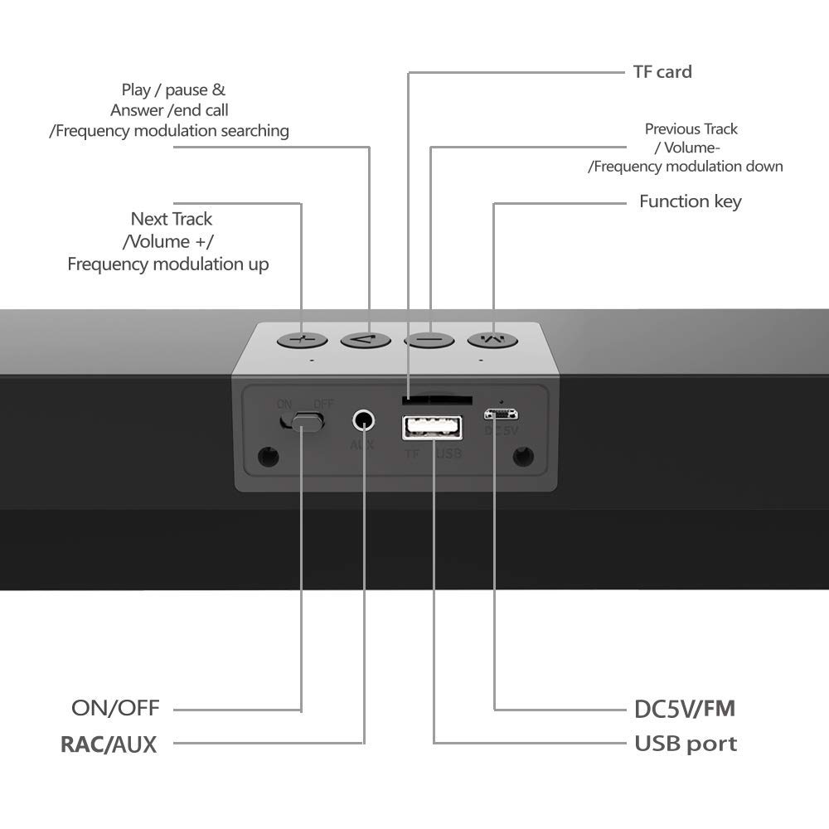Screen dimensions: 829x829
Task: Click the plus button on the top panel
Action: [x=302, y=339]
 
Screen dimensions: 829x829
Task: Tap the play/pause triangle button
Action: [x=366, y=339]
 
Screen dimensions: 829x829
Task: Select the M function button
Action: [x=492, y=339]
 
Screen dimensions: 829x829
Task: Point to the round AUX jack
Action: [x=362, y=419]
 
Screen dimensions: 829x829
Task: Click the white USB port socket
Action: [x=432, y=428]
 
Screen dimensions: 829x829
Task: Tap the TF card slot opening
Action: [x=437, y=400]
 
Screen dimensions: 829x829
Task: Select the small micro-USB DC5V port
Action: [x=502, y=413]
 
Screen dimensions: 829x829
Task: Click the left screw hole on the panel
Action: [x=267, y=456]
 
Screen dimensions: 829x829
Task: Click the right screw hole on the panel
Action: [x=521, y=456]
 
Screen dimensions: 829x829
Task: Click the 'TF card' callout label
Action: [x=662, y=72]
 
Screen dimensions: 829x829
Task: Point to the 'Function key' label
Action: [x=690, y=201]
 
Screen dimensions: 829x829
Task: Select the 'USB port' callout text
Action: [x=685, y=743]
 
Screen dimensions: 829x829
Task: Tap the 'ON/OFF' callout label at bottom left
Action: [x=115, y=709]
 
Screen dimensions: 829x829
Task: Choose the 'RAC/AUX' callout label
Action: [x=109, y=744]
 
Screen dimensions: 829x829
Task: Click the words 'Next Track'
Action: [x=172, y=219]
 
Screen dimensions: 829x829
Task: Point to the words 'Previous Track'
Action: [x=691, y=129]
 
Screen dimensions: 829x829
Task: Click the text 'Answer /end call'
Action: [x=169, y=110]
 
